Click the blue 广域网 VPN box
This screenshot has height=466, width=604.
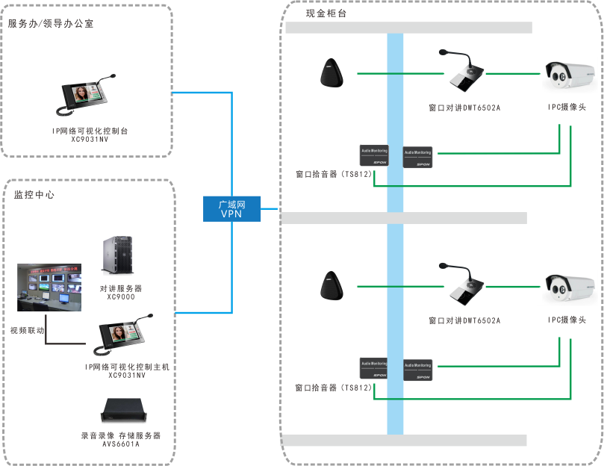pyautogui.click(x=232, y=208)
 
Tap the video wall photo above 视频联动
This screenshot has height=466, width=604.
pyautogui.click(x=51, y=287)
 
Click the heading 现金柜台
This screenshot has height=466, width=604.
pyautogui.click(x=326, y=13)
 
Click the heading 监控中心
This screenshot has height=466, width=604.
pyautogui.click(x=34, y=195)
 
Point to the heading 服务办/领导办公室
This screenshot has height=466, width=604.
pyautogui.click(x=51, y=24)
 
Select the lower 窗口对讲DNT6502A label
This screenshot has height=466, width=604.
pyautogui.click(x=464, y=321)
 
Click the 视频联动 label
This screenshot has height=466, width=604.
pyautogui.click(x=26, y=329)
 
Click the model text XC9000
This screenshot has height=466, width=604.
pyautogui.click(x=120, y=296)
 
